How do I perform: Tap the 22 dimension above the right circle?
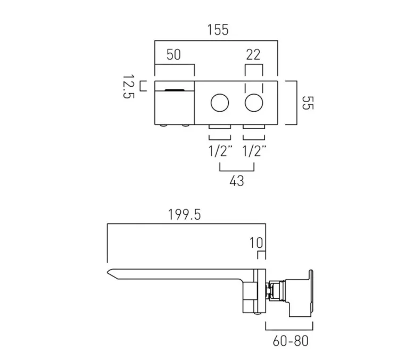click(x=253, y=54)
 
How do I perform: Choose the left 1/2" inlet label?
click(x=220, y=150)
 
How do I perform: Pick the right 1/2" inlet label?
click(x=253, y=150)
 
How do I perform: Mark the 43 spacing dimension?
click(x=237, y=181)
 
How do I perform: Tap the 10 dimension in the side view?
click(x=256, y=243)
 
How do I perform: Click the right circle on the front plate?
click(x=253, y=102)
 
